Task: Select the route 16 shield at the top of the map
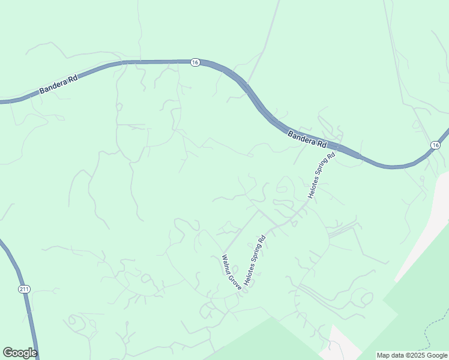tap(195, 62)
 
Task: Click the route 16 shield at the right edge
tap(435, 145)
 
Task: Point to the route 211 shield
tap(23, 289)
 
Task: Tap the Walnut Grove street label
tap(232, 272)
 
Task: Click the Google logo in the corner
tap(20, 353)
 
